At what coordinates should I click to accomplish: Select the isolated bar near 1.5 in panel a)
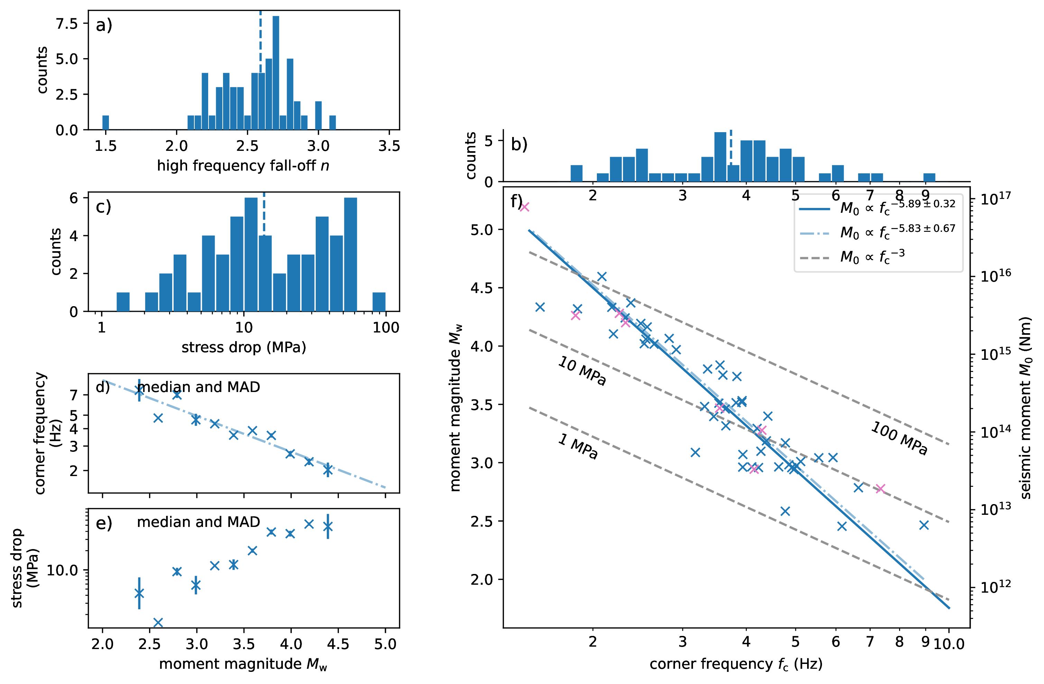pyautogui.click(x=105, y=123)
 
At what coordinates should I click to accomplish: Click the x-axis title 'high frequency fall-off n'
pyautogui.click(x=243, y=166)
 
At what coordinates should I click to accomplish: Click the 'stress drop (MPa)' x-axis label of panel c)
pyautogui.click(x=243, y=347)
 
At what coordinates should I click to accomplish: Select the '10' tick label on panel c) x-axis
pyautogui.click(x=243, y=327)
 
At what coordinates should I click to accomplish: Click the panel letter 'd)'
pyautogui.click(x=103, y=387)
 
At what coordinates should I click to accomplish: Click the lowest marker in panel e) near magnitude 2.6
pyautogui.click(x=158, y=622)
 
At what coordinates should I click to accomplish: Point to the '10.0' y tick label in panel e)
pyautogui.click(x=62, y=571)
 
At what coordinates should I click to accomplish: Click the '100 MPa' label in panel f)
pyautogui.click(x=899, y=438)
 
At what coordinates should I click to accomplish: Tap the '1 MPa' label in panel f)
pyautogui.click(x=578, y=446)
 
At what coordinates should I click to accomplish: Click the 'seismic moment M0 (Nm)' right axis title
pyautogui.click(x=1026, y=408)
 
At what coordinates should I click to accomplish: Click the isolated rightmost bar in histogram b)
pyautogui.click(x=929, y=177)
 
